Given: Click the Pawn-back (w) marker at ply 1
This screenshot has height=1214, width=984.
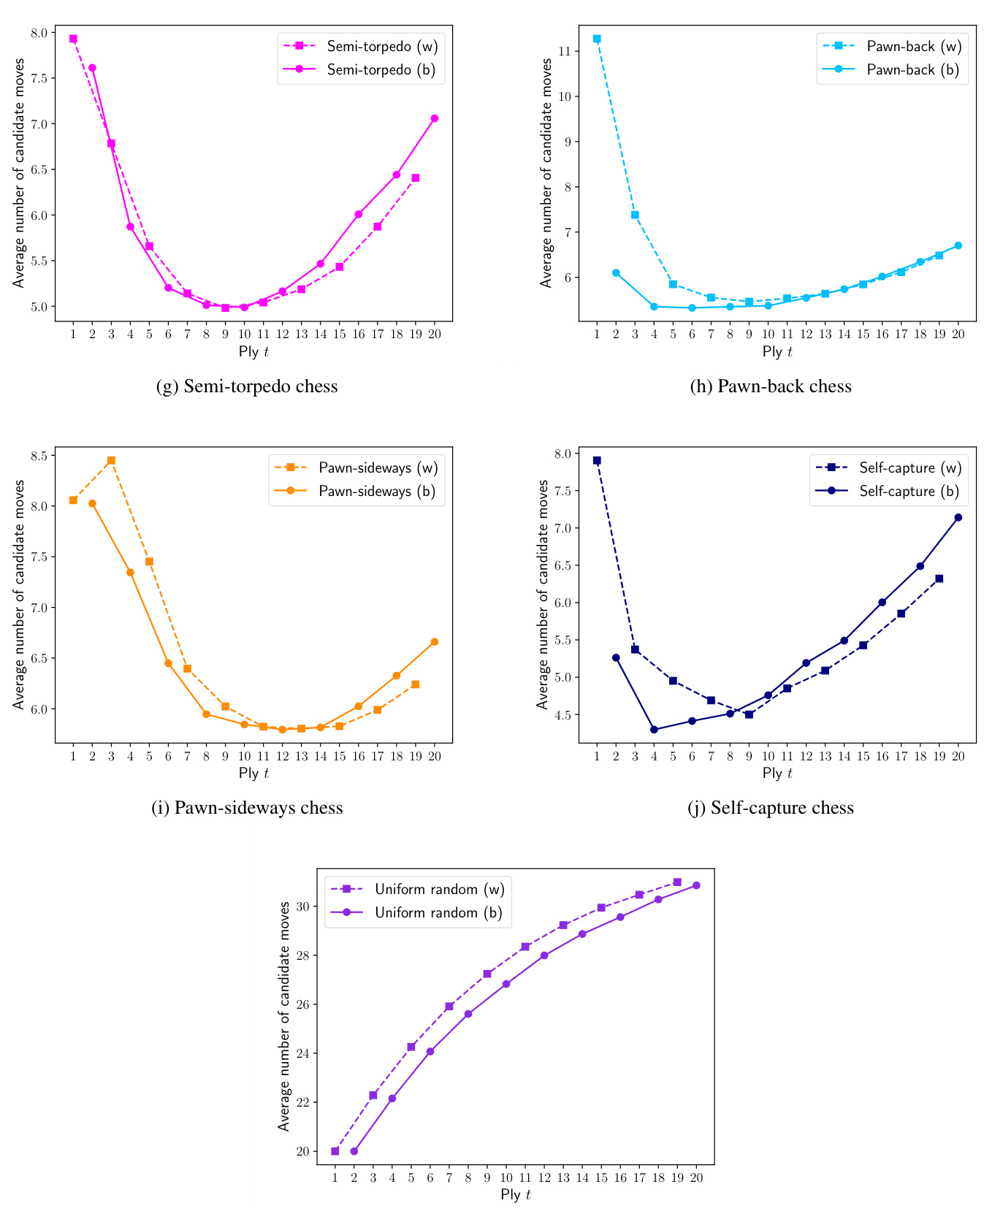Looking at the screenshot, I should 597,39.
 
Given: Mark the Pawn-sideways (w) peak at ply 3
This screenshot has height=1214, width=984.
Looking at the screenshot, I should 111,460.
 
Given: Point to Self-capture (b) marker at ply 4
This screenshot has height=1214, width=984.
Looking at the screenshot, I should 654,729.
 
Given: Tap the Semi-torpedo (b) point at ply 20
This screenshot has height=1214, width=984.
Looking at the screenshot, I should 435,118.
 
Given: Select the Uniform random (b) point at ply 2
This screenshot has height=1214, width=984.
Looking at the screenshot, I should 354,1151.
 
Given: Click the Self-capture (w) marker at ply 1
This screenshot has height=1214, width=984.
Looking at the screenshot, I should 597,460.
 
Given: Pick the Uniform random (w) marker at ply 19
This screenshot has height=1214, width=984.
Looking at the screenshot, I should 677,882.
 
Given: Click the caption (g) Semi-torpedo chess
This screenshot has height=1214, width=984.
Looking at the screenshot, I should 247,386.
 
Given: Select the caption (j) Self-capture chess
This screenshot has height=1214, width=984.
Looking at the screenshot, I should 771,808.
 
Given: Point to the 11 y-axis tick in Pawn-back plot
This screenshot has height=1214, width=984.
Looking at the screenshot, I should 566,51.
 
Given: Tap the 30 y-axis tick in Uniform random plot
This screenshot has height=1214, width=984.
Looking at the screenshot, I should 302,906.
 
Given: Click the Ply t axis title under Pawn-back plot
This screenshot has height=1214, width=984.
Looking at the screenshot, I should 777,351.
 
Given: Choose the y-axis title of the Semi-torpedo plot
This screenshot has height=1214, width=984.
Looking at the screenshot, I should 18,173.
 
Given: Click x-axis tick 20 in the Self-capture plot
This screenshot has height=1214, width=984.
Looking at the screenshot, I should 958,757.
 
